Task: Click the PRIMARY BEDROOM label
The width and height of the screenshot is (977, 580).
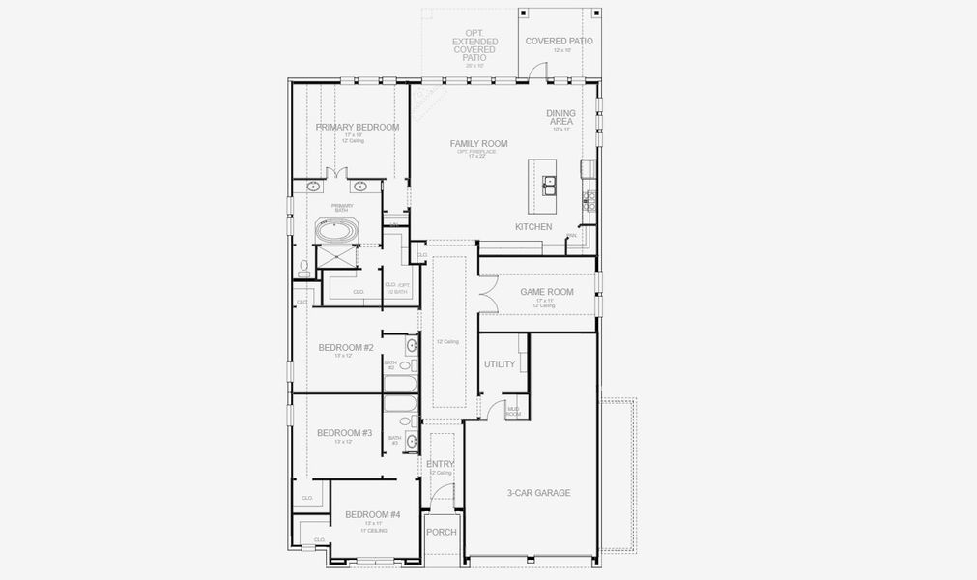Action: pos(358,127)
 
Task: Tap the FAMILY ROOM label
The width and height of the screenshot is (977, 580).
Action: pos(478,144)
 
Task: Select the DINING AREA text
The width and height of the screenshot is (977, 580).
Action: pos(560,117)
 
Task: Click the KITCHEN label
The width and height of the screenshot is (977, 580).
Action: pos(533,227)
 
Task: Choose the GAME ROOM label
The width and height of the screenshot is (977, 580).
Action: pos(547,292)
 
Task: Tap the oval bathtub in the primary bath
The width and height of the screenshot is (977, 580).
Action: pos(337,232)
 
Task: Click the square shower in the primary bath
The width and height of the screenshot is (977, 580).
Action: pos(338,259)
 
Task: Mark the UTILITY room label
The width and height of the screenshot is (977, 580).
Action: pos(500,364)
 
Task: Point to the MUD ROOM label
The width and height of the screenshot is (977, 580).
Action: pos(513,412)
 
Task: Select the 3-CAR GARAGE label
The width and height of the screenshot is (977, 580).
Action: pos(538,493)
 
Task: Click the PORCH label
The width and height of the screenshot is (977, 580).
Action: pos(442,532)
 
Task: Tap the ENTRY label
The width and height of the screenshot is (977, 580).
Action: pos(440,465)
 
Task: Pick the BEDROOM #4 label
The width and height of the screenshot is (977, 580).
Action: pos(372,514)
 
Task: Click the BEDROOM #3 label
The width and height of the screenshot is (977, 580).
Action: pos(344,433)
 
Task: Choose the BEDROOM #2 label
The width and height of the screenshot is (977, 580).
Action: pos(346,348)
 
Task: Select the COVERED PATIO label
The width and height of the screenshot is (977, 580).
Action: pos(559,42)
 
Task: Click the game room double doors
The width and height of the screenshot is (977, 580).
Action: pos(487,292)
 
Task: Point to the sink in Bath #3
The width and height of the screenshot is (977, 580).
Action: pos(412,441)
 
